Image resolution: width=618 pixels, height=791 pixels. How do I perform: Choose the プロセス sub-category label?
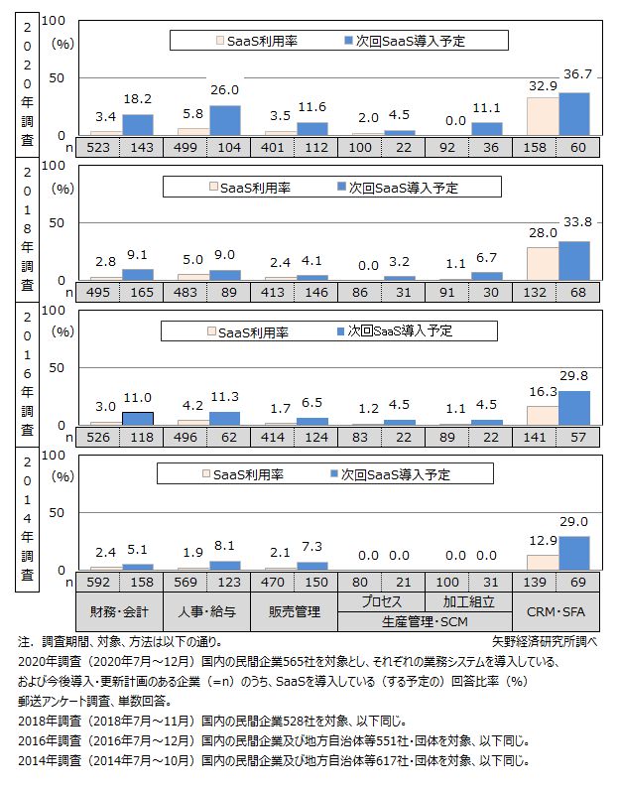(x=382, y=600)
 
